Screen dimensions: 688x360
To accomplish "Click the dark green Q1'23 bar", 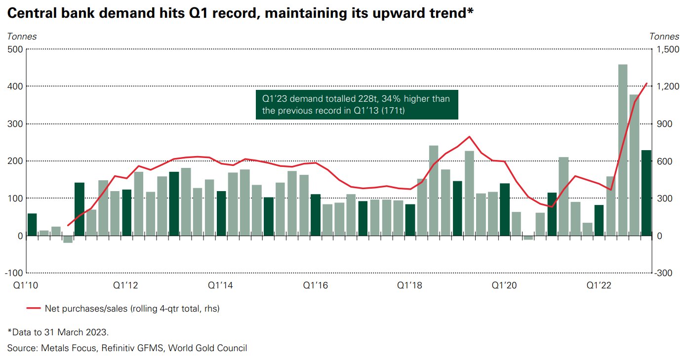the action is click(646, 193).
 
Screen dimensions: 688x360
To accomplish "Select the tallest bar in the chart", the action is click(623, 150).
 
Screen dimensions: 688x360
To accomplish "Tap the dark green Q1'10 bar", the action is click(32, 225).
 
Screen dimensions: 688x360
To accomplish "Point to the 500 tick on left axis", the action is click(15, 49).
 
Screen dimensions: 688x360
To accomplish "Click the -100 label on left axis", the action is click(14, 273).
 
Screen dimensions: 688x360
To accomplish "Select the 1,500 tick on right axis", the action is click(668, 49).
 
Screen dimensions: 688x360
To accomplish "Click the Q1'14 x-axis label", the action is click(220, 285).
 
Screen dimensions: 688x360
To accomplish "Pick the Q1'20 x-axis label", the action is click(504, 285).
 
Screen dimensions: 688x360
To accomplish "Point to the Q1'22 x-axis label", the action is click(599, 285).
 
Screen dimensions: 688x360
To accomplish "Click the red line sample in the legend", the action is click(34, 308).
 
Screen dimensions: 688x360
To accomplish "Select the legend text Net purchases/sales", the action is click(86, 309).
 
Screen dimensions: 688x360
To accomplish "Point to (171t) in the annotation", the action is click(393, 111).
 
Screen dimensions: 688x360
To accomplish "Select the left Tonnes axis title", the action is click(22, 37).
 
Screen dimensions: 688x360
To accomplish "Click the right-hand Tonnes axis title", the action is click(664, 37).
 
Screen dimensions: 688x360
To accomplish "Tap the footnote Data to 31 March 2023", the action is click(58, 332).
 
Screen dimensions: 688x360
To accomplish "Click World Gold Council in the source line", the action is click(207, 348).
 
